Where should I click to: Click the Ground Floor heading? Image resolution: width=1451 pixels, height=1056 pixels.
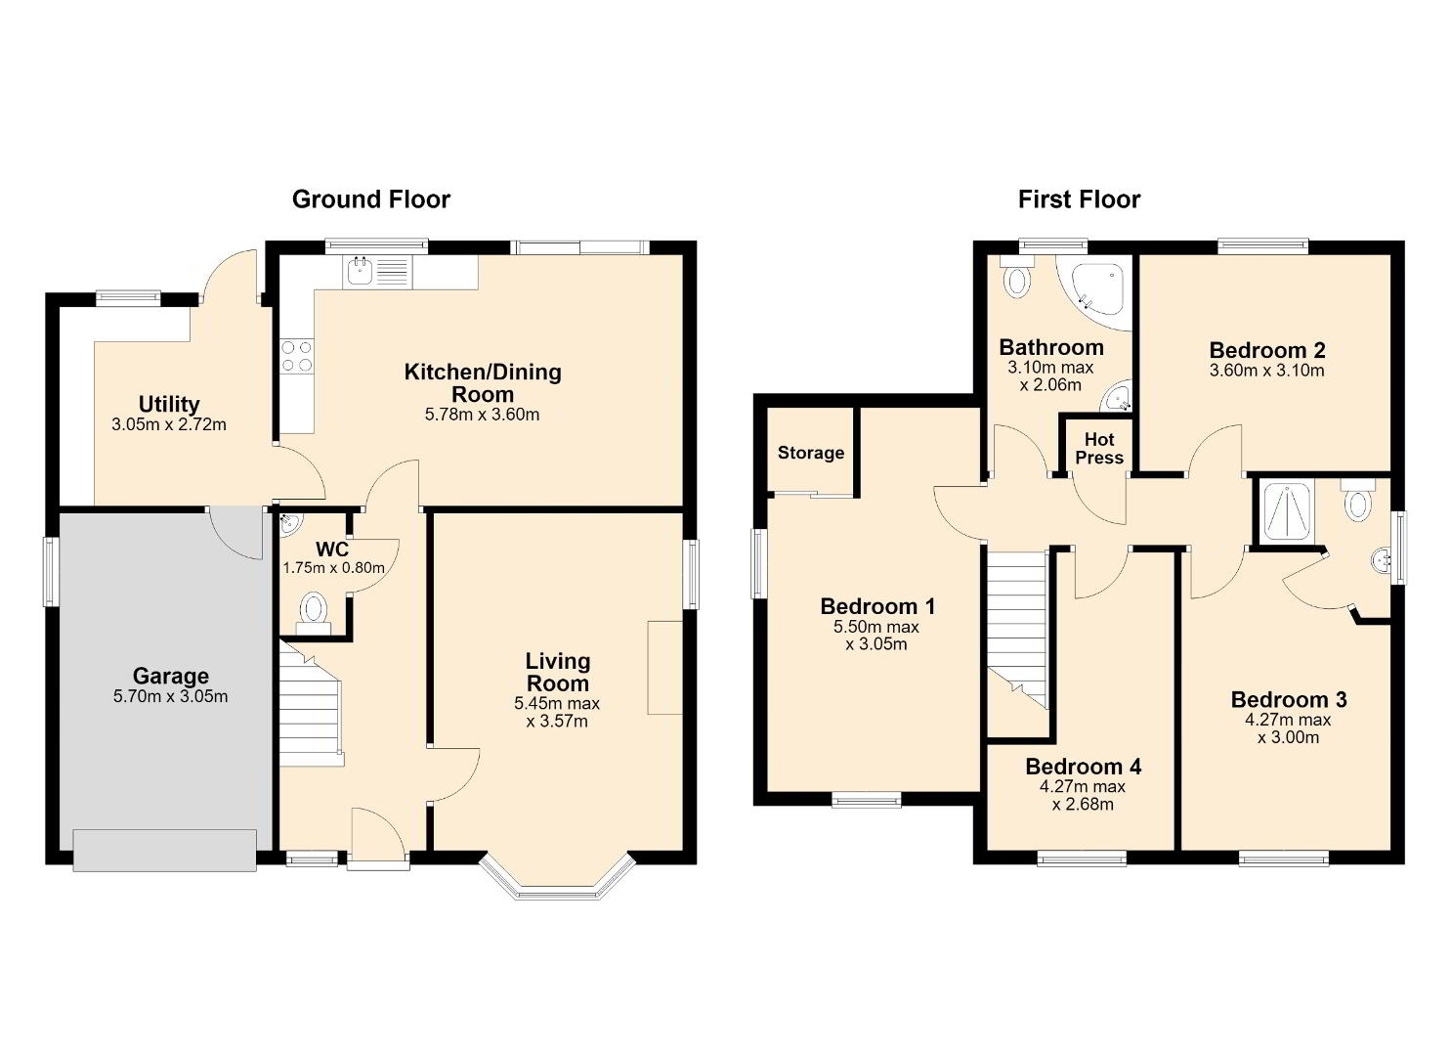tap(371, 199)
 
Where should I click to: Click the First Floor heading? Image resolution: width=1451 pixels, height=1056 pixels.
tap(1079, 199)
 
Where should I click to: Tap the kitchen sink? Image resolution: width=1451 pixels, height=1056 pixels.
tap(360, 272)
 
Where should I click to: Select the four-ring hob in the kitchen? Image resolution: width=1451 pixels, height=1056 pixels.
tap(297, 357)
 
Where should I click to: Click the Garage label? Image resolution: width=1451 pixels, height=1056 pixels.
tap(171, 676)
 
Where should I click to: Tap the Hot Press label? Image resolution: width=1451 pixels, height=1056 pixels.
tap(1099, 449)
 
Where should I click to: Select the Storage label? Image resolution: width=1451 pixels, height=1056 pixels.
tap(811, 453)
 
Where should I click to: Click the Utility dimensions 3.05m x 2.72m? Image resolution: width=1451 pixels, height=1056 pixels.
tap(169, 425)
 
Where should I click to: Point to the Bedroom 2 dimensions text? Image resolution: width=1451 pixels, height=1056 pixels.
tap(1267, 371)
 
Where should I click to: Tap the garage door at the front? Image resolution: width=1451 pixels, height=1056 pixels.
tap(164, 850)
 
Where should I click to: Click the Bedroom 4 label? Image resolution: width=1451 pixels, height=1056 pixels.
tap(1083, 767)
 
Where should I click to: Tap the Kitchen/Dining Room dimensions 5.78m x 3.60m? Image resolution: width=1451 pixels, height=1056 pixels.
tap(482, 415)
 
